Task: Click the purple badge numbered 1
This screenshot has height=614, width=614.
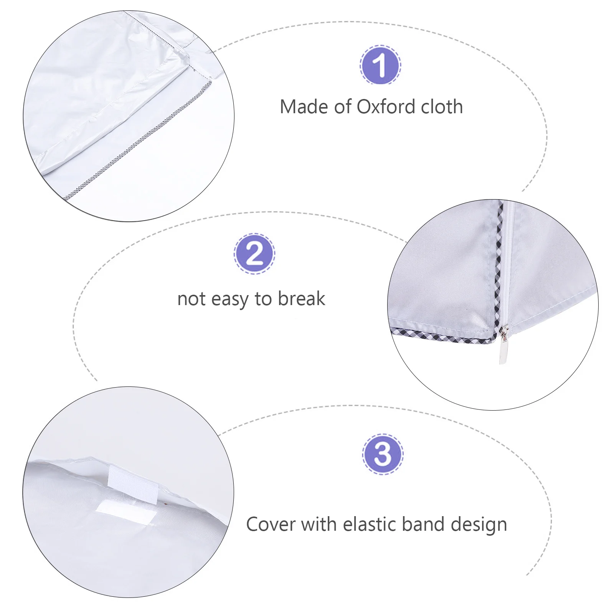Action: click(x=380, y=65)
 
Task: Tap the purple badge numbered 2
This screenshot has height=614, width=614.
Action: click(x=254, y=254)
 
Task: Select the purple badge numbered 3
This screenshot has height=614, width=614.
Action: click(x=383, y=455)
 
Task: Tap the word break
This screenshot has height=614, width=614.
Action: click(x=302, y=299)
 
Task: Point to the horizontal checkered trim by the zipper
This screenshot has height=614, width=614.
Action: click(x=441, y=336)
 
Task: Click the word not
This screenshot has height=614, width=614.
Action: click(x=191, y=299)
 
